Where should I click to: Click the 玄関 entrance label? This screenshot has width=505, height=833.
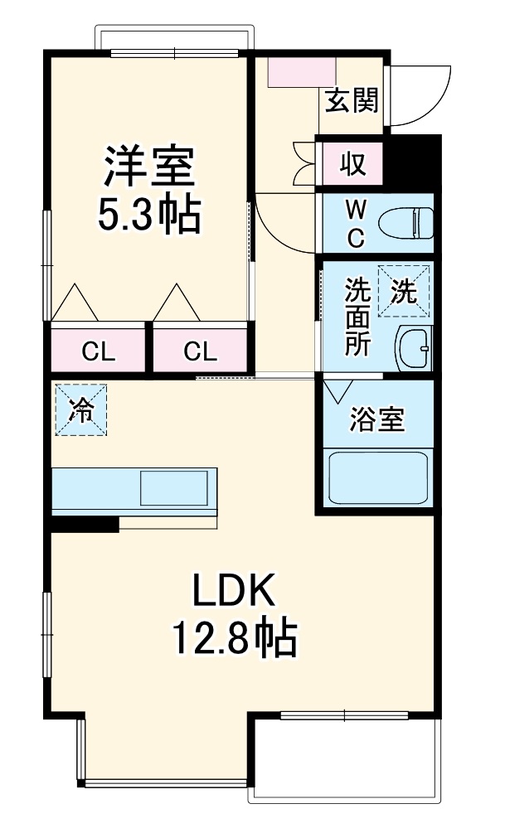(352, 100)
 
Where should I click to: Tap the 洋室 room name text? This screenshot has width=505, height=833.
(148, 166)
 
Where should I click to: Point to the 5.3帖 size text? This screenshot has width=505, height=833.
(148, 215)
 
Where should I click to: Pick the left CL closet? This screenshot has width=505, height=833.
(98, 351)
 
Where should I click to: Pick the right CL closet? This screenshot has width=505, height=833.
(200, 351)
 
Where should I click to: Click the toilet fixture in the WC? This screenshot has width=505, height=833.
(405, 223)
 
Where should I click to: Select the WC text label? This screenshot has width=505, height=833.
(354, 223)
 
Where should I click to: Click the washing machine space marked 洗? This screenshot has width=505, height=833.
(404, 291)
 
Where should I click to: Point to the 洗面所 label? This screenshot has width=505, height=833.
(357, 317)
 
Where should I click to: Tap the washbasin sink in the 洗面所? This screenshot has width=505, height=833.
(414, 349)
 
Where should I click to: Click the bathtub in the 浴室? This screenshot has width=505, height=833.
(377, 478)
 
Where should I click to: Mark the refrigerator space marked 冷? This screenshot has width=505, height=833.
(81, 409)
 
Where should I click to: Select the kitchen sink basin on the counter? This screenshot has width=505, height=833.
(173, 487)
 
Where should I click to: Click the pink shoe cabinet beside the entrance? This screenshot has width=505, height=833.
(302, 71)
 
